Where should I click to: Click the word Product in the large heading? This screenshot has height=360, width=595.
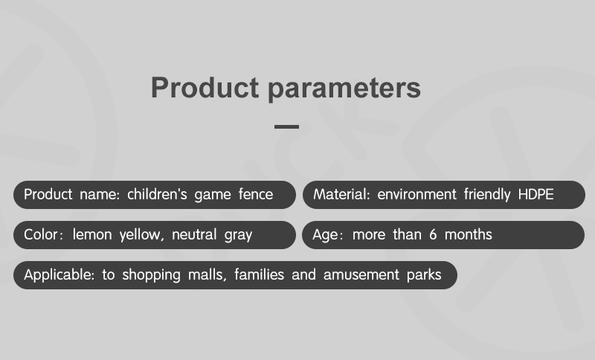pos(205,88)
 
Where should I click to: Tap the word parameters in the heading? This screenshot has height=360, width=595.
pos(344,89)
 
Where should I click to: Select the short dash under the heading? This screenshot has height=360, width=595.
pos(286,126)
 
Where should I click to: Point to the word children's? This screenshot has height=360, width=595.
pos(157,194)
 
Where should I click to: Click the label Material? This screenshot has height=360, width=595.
pos(341,194)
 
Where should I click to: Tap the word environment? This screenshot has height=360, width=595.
pos(416,195)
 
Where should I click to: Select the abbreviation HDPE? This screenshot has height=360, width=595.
pos(535,194)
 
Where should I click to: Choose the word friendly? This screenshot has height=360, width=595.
pos(487,195)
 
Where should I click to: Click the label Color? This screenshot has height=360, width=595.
pos(36,234)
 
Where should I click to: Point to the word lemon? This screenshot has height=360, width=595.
pos(92,234)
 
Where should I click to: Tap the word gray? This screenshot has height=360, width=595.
pos(238,236)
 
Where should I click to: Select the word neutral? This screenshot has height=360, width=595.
pos(194,234)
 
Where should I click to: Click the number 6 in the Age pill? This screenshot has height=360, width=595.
pos(433,234)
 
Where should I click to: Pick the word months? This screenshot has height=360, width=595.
pos(469,234)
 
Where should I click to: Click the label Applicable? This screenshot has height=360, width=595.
pos(59,274)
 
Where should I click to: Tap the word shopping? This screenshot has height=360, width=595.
pos(151,275)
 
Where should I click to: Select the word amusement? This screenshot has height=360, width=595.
pos(361,274)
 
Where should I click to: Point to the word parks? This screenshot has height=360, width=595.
pos(424,275)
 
